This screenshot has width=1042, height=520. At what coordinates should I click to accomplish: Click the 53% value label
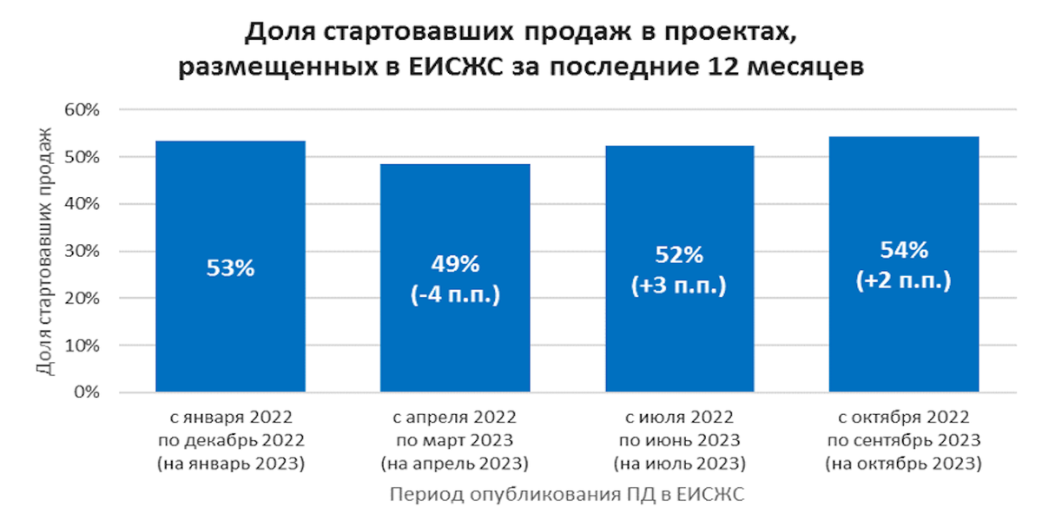coord(230,269)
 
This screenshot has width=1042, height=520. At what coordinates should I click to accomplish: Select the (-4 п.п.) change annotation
coord(455,294)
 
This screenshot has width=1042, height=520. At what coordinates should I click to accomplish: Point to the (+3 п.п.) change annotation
coord(679,286)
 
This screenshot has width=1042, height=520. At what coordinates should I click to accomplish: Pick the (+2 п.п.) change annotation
coord(904,281)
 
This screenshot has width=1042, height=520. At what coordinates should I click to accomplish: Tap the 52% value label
coord(679,255)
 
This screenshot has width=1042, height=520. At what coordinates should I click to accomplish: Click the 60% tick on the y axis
coord(85,110)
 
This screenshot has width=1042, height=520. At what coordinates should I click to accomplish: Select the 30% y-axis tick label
coord(85,252)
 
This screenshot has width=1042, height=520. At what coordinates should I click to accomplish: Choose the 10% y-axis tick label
coord(85,346)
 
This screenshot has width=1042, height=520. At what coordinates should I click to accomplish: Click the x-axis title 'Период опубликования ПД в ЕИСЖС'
coord(567,494)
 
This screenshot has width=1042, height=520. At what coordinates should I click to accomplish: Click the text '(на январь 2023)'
coord(230,464)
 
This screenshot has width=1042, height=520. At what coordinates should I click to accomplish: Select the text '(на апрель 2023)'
coord(455,464)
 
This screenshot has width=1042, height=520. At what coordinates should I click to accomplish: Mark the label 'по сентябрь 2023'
coord(904,439)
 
